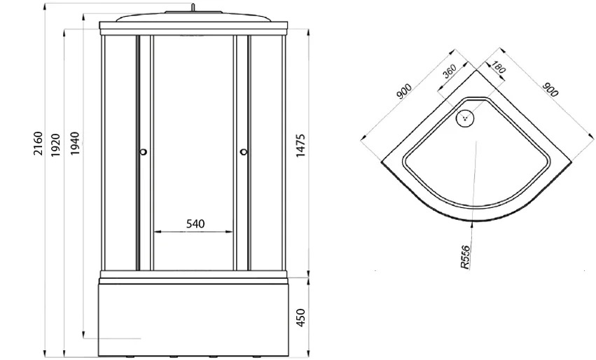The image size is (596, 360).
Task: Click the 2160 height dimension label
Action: click(39, 144)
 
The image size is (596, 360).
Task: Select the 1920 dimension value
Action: click(56, 145)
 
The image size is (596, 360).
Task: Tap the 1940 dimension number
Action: click(75, 143)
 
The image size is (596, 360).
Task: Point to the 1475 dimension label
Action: click(300, 146)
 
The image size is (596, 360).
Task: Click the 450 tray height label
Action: click(300, 317)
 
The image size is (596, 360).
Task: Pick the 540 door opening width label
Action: click(195, 224)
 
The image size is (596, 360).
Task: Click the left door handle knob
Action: click(143, 152)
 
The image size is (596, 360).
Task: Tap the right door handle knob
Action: click(244, 152)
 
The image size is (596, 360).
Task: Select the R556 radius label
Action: click(465, 257)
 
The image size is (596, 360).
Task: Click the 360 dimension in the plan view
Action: click(450, 71)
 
